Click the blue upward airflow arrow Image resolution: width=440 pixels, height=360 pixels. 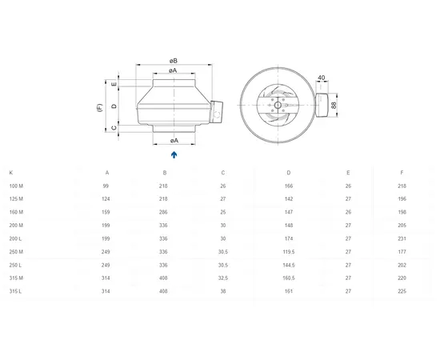[174, 154]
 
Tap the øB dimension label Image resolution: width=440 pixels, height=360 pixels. [173, 61]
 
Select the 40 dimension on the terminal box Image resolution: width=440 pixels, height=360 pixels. [322, 78]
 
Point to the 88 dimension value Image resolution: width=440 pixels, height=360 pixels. [334, 106]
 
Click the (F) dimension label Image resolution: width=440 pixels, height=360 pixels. [100, 108]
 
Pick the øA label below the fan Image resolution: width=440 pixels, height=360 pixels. [174, 140]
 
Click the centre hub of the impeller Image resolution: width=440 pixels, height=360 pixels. [278, 106]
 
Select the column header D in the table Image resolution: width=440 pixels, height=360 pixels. [289, 173]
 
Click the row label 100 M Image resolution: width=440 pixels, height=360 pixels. [16, 186]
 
